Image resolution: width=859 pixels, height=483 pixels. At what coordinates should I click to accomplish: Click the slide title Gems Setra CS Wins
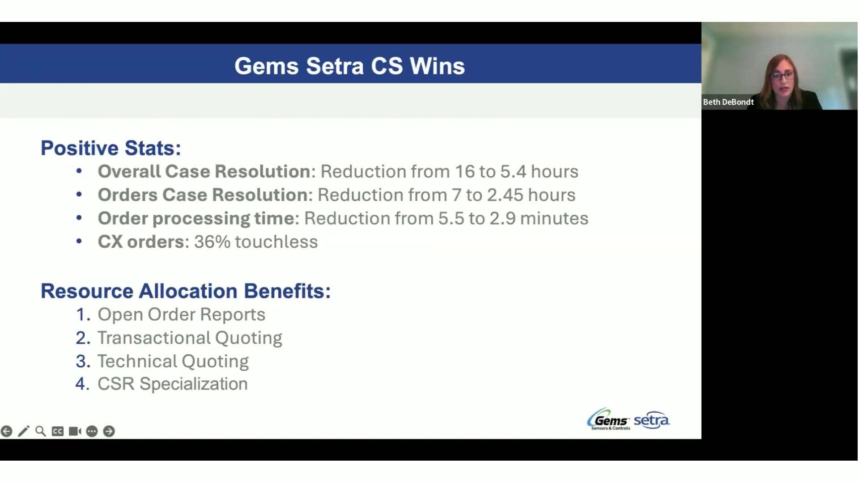(x=349, y=66)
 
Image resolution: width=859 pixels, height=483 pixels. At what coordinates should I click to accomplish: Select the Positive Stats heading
(x=111, y=148)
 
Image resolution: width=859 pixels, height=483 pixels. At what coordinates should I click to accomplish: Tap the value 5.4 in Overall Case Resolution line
(x=513, y=172)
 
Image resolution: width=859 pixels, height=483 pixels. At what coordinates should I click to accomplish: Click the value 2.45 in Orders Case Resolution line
(x=505, y=195)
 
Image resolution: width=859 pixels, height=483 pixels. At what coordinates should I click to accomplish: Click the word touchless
(x=276, y=242)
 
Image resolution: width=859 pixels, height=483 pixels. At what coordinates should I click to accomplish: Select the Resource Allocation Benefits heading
(x=186, y=291)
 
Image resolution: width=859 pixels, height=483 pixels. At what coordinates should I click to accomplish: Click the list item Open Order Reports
(x=181, y=315)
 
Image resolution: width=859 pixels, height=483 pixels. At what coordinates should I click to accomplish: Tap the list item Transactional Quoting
(x=190, y=338)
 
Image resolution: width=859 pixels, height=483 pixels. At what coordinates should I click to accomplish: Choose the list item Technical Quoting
(x=173, y=361)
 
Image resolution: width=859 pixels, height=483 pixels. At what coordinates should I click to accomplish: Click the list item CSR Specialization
(x=172, y=384)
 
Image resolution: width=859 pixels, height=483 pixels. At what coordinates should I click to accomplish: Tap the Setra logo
(x=651, y=420)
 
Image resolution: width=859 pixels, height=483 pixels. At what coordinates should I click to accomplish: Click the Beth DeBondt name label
(x=728, y=102)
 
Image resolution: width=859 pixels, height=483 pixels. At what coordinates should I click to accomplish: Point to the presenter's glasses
(x=782, y=76)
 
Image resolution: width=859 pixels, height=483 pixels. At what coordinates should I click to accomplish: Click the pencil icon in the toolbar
(x=23, y=431)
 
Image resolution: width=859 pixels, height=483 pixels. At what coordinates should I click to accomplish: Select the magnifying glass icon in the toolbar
(x=40, y=431)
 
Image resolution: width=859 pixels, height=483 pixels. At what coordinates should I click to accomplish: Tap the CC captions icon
(x=57, y=431)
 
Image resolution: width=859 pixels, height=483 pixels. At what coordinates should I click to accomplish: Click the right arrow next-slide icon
(x=109, y=431)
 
